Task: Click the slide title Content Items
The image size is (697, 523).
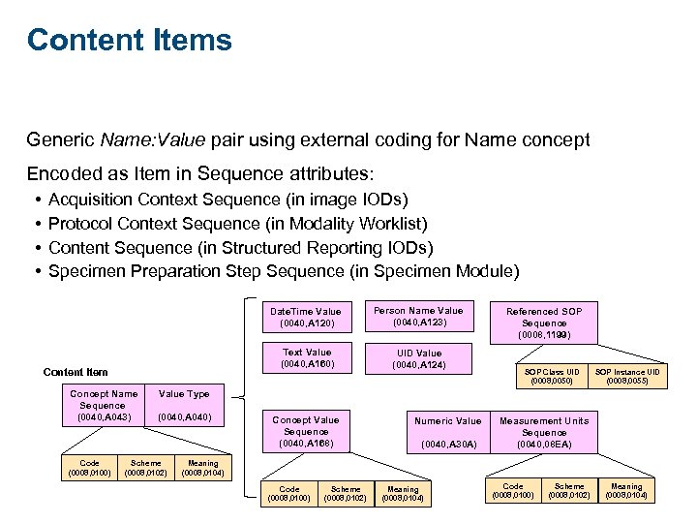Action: point(130,41)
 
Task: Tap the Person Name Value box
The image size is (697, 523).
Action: point(418,317)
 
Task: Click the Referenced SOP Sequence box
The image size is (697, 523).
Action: point(544,323)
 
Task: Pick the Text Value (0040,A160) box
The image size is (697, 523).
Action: point(306,358)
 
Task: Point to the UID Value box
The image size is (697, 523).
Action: point(418,359)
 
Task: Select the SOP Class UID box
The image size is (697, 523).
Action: point(552,377)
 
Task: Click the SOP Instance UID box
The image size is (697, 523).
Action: point(627,377)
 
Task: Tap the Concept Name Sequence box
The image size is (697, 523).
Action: point(104,406)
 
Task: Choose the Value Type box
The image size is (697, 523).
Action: point(184,406)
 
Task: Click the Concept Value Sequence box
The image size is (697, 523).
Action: point(306,432)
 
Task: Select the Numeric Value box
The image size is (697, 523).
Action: point(447,432)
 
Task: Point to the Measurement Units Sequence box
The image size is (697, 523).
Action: point(544,432)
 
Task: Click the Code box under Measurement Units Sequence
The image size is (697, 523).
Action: point(513,491)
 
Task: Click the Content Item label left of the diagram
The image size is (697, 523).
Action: point(76,372)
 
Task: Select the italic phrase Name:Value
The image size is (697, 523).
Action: point(152,140)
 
